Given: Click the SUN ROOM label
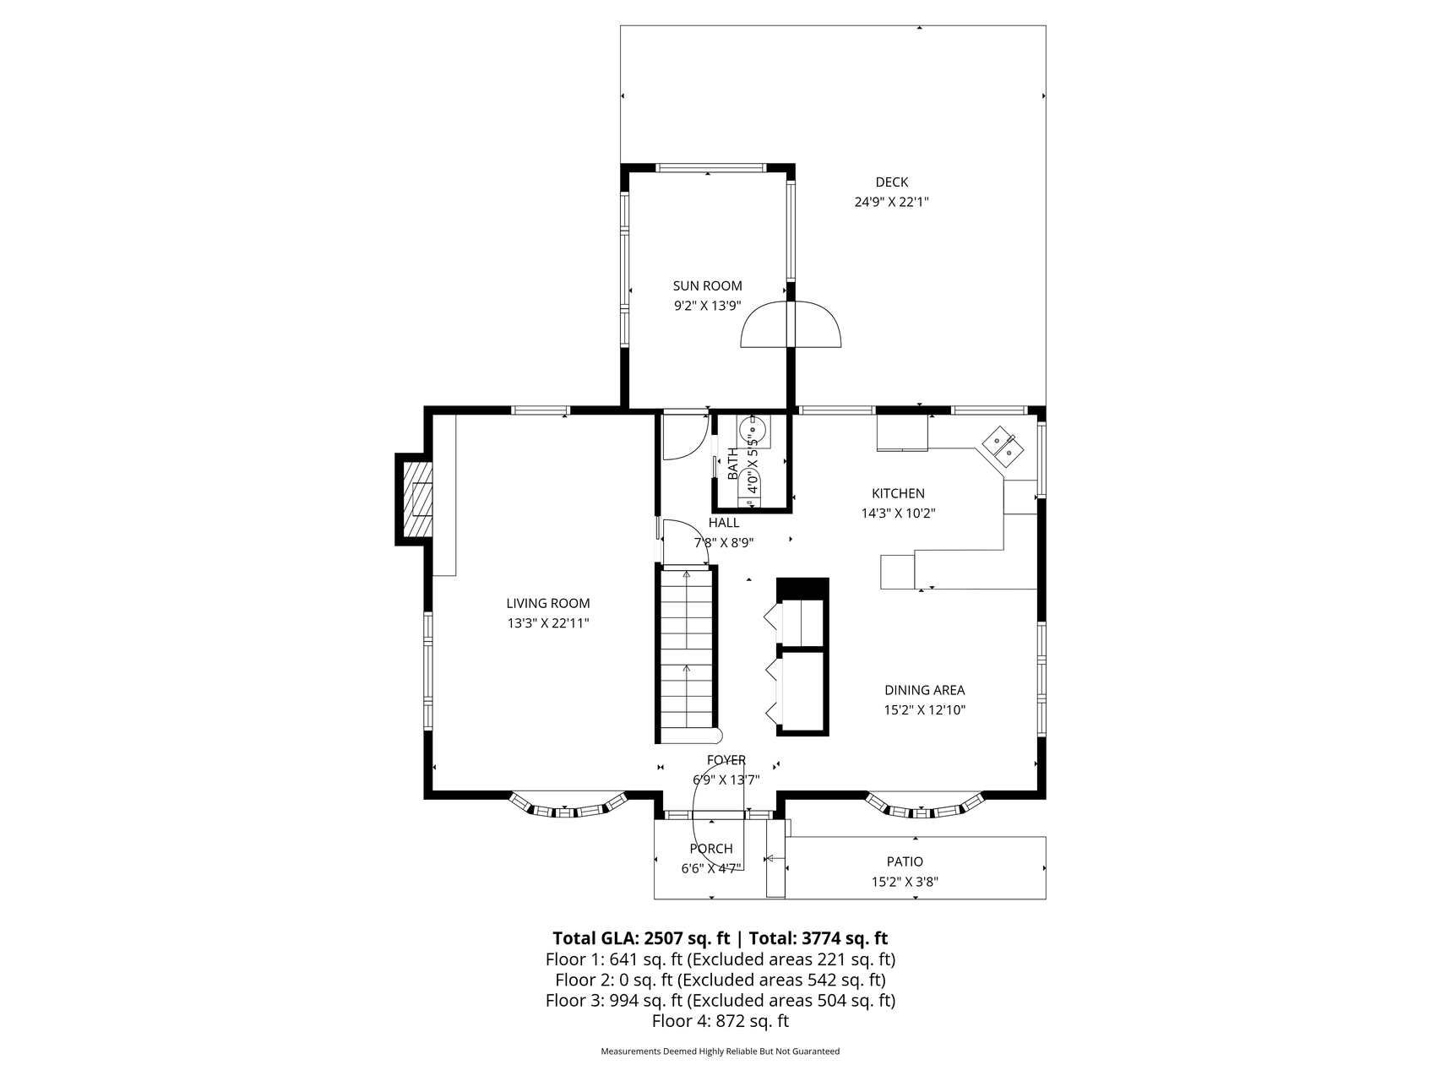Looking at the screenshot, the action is tap(707, 286).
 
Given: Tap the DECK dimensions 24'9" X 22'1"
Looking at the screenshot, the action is tap(892, 202).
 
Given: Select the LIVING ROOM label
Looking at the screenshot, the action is tap(548, 603).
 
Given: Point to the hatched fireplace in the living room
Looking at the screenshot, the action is tap(416, 500).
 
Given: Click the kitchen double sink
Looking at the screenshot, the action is tap(1003, 446).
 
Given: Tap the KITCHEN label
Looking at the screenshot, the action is tap(898, 493).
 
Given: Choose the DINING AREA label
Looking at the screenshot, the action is tap(924, 690).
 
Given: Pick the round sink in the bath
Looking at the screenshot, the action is tap(753, 430).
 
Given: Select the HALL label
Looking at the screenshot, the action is tap(724, 523).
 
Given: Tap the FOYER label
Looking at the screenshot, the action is tap(726, 761).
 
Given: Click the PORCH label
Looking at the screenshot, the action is tap(711, 849).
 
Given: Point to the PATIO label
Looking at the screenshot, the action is tap(905, 861).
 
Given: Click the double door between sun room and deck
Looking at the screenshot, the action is tap(791, 324).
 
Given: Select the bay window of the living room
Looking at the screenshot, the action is tap(568, 805).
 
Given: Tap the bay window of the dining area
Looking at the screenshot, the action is tap(926, 805).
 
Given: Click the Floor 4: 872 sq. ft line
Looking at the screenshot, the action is tap(720, 1021).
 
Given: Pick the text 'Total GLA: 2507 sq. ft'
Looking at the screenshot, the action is tap(640, 938).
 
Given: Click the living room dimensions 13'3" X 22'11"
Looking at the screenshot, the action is tap(548, 623).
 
